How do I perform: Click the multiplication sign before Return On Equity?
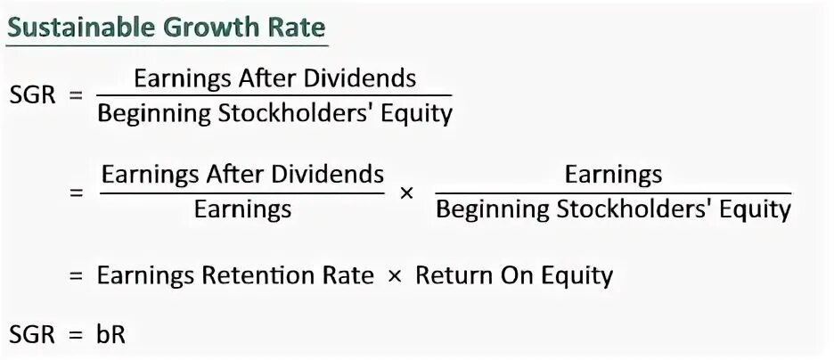click(395, 275)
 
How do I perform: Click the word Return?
click(455, 275)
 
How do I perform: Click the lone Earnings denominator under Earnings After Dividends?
click(242, 210)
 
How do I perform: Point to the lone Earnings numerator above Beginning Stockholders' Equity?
click(613, 174)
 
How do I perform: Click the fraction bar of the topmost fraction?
click(274, 96)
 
